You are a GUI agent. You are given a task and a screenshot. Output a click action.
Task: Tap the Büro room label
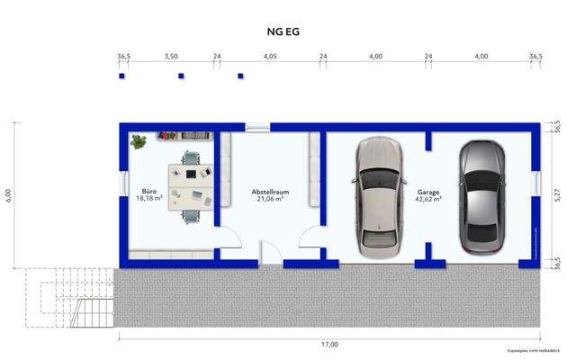coord(149,191)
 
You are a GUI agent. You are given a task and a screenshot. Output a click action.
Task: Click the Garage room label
coord(427,191)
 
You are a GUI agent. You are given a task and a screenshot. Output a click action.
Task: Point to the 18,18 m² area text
coord(149,199)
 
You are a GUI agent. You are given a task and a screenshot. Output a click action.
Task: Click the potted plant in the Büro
coord(139,141)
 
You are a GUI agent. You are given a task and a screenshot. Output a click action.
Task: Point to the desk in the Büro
coord(190,184)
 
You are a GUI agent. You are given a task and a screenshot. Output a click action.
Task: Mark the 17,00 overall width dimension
coord(330,344)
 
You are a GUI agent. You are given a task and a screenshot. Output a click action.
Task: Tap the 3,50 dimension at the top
coord(171,57)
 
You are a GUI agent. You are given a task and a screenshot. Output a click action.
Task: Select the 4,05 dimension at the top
coord(270,57)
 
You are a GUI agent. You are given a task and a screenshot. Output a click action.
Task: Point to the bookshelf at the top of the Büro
coord(184,136)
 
